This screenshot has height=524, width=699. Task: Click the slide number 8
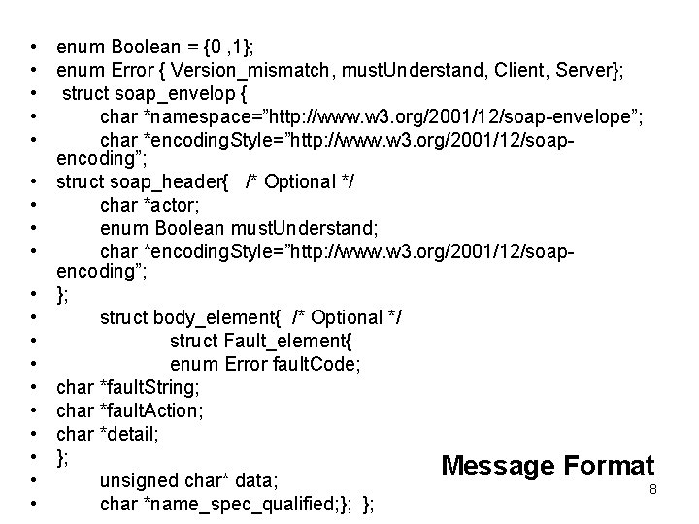(653, 490)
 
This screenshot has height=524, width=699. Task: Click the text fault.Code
(319, 364)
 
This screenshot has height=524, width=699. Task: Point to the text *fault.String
(150, 387)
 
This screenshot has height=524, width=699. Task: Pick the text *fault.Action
(151, 410)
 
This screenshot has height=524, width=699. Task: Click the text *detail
(130, 434)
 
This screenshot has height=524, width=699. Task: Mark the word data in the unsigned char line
(257, 480)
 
